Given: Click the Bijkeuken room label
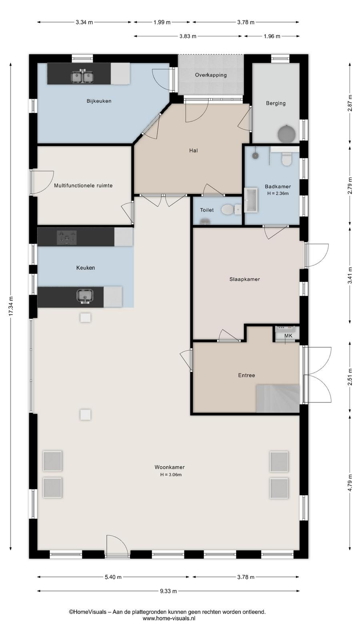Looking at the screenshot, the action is tap(99, 101).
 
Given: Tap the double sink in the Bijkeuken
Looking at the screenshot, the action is tap(82, 76).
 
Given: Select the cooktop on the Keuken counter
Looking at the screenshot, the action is tap(67, 238).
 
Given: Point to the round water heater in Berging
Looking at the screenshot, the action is tap(287, 134).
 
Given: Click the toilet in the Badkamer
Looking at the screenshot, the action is tap(286, 159).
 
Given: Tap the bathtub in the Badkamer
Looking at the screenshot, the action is tap(251, 200).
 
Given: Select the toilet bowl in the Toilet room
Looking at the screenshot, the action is tap(228, 210).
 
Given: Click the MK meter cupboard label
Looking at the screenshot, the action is tap(288, 336).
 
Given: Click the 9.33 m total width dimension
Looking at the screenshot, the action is tap(168, 591).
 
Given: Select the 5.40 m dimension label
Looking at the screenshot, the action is tap(113, 577).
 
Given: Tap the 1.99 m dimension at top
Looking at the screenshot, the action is tap(162, 22).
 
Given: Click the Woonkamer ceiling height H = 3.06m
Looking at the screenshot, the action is tap(171, 474).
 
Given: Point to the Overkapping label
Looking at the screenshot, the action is tap(211, 75).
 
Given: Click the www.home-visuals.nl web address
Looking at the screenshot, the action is tap(169, 618).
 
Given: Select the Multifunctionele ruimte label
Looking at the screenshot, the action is tap(83, 186).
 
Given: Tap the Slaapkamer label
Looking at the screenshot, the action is tap(244, 279).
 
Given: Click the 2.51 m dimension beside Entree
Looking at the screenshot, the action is tap(350, 377).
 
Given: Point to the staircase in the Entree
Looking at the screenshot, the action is tap(278, 398).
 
